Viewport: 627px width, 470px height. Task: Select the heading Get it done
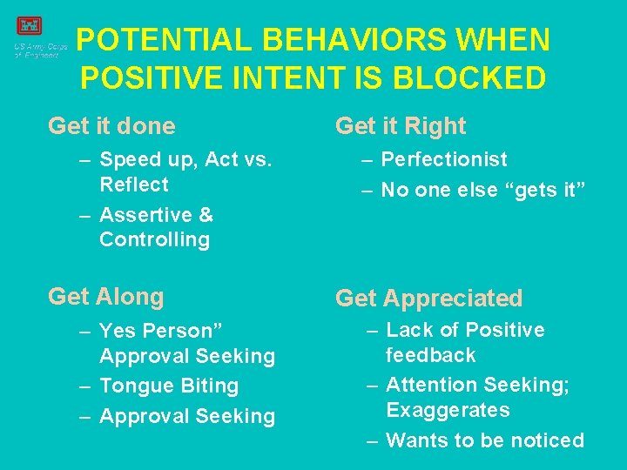pyautogui.click(x=111, y=126)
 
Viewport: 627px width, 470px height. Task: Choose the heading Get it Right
pyautogui.click(x=401, y=126)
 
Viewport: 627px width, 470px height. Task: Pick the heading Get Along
pyautogui.click(x=106, y=297)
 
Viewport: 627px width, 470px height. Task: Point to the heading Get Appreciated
pyautogui.click(x=428, y=299)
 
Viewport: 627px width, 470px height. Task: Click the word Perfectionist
pyautogui.click(x=444, y=159)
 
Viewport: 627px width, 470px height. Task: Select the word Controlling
pyautogui.click(x=154, y=240)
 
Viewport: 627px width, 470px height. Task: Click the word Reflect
pyautogui.click(x=134, y=185)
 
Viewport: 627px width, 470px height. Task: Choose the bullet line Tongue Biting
pyautogui.click(x=169, y=386)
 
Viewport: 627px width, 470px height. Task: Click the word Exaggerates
pyautogui.click(x=448, y=410)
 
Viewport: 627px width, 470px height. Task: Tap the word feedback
pyautogui.click(x=431, y=355)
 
